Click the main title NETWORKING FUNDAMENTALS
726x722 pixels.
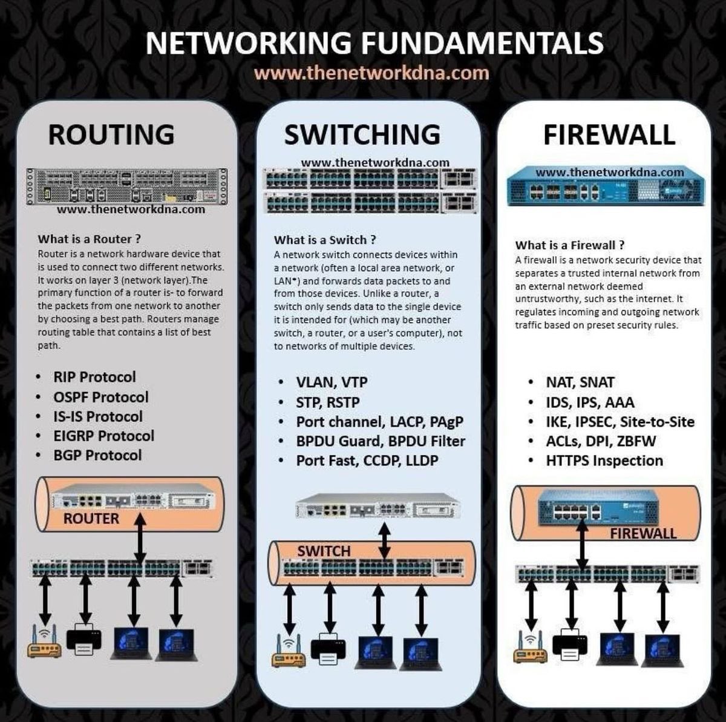tap(374, 43)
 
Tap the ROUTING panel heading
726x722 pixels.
tap(111, 134)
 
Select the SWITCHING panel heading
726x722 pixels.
tap(362, 134)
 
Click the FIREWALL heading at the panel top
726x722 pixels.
tap(609, 134)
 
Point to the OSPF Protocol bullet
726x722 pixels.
tap(100, 397)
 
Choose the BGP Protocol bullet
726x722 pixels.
tap(97, 455)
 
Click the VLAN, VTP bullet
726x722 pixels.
tap(331, 382)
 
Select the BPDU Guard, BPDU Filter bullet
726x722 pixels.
tap(380, 441)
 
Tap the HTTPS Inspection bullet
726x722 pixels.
tap(604, 461)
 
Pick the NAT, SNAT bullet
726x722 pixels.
tap(580, 382)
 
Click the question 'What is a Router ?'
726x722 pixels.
tap(89, 239)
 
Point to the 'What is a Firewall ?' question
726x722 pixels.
tap(569, 245)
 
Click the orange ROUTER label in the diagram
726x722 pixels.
tap(91, 519)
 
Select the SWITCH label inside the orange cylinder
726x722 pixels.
tap(324, 551)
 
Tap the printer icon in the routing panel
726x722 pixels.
tap(83, 640)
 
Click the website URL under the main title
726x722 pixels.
tap(371, 73)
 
